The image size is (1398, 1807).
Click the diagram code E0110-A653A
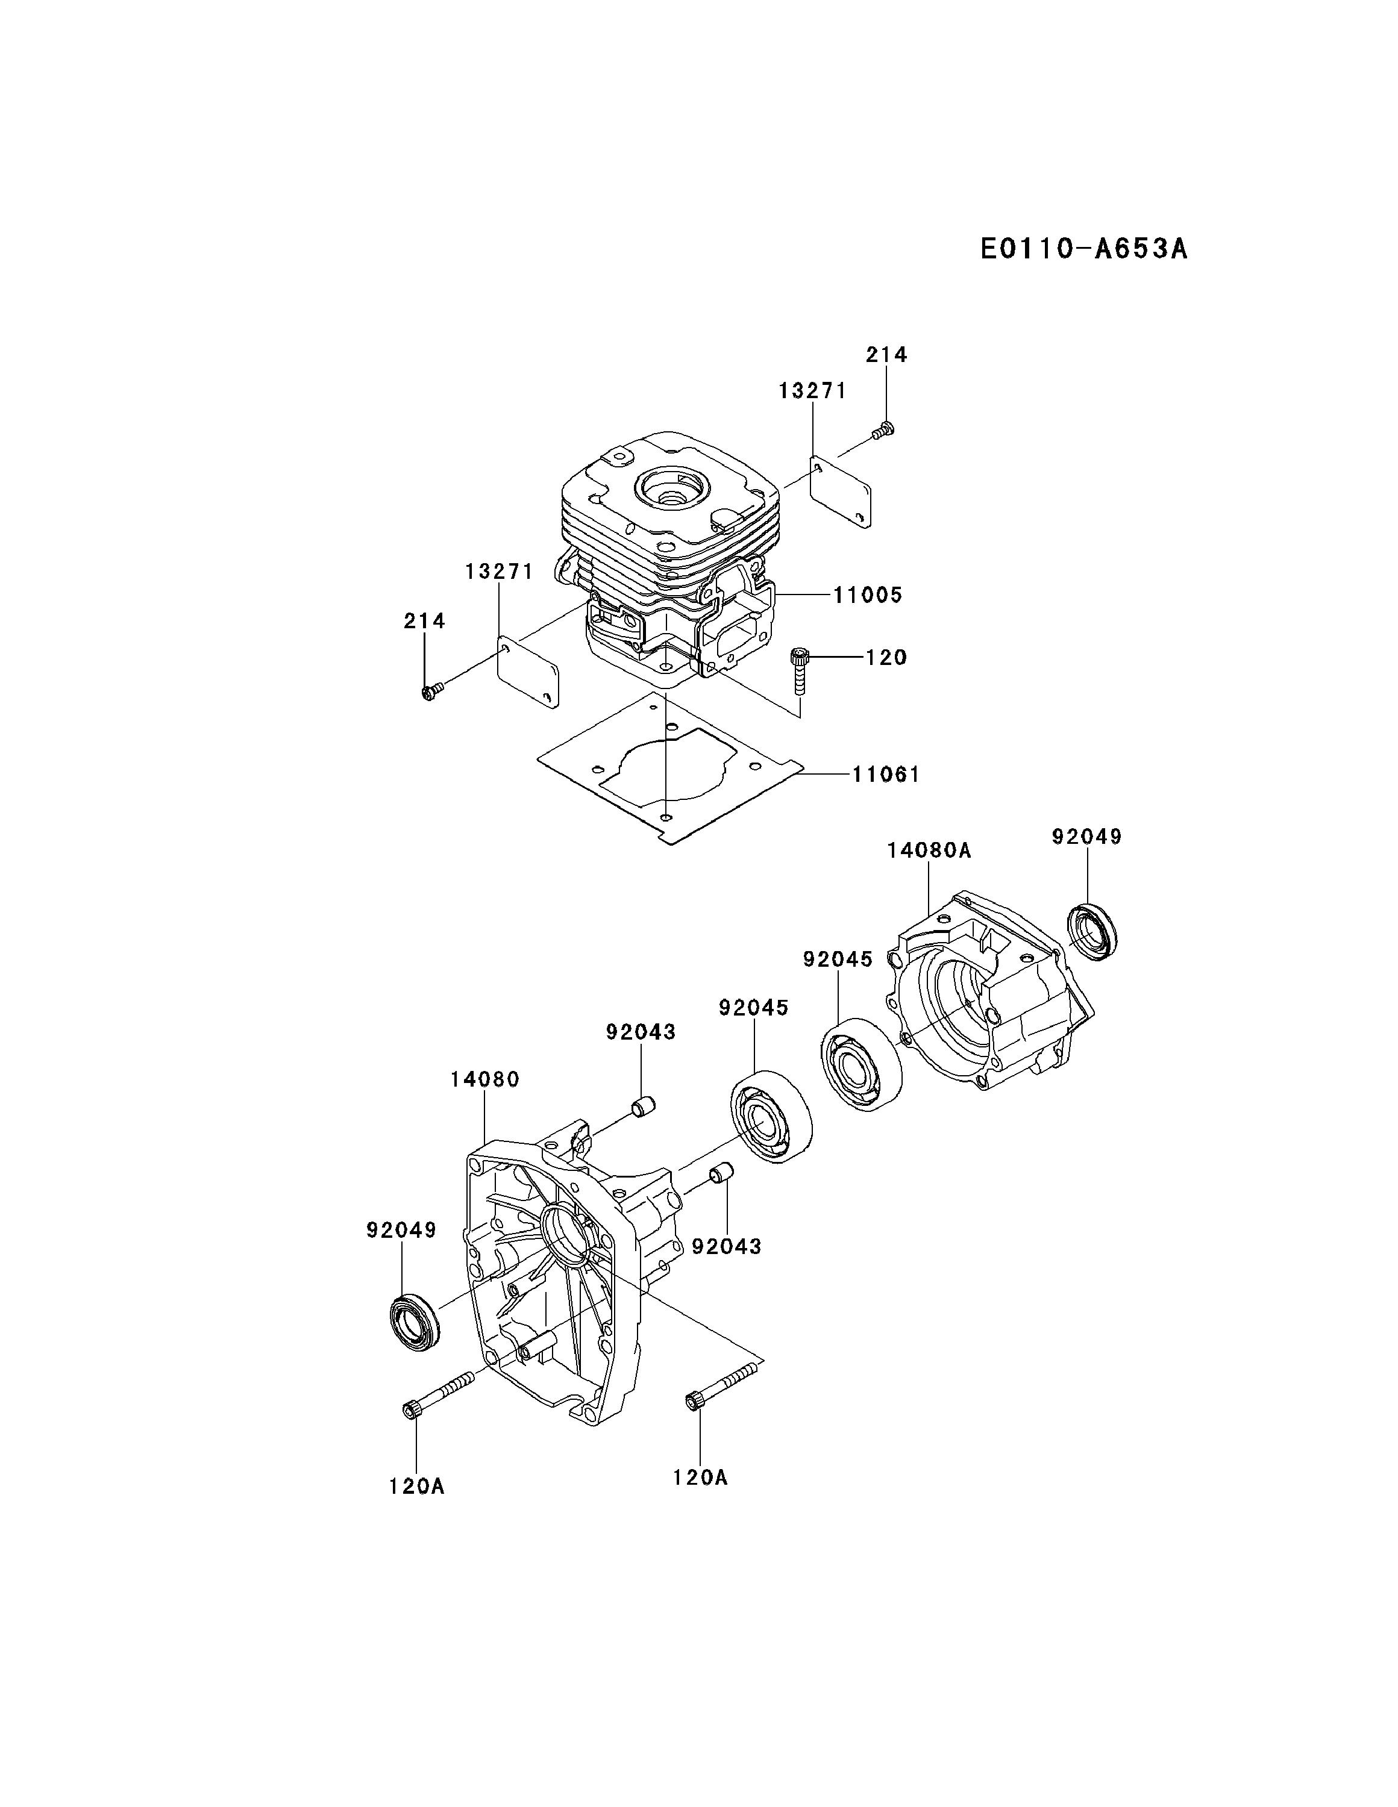click(1083, 248)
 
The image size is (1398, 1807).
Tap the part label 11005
click(868, 595)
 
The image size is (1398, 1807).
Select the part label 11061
click(886, 775)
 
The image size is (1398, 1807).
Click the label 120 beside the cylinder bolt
click(886, 657)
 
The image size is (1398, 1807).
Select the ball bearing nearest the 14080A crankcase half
click(861, 1063)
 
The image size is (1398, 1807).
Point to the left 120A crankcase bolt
click(437, 1394)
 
